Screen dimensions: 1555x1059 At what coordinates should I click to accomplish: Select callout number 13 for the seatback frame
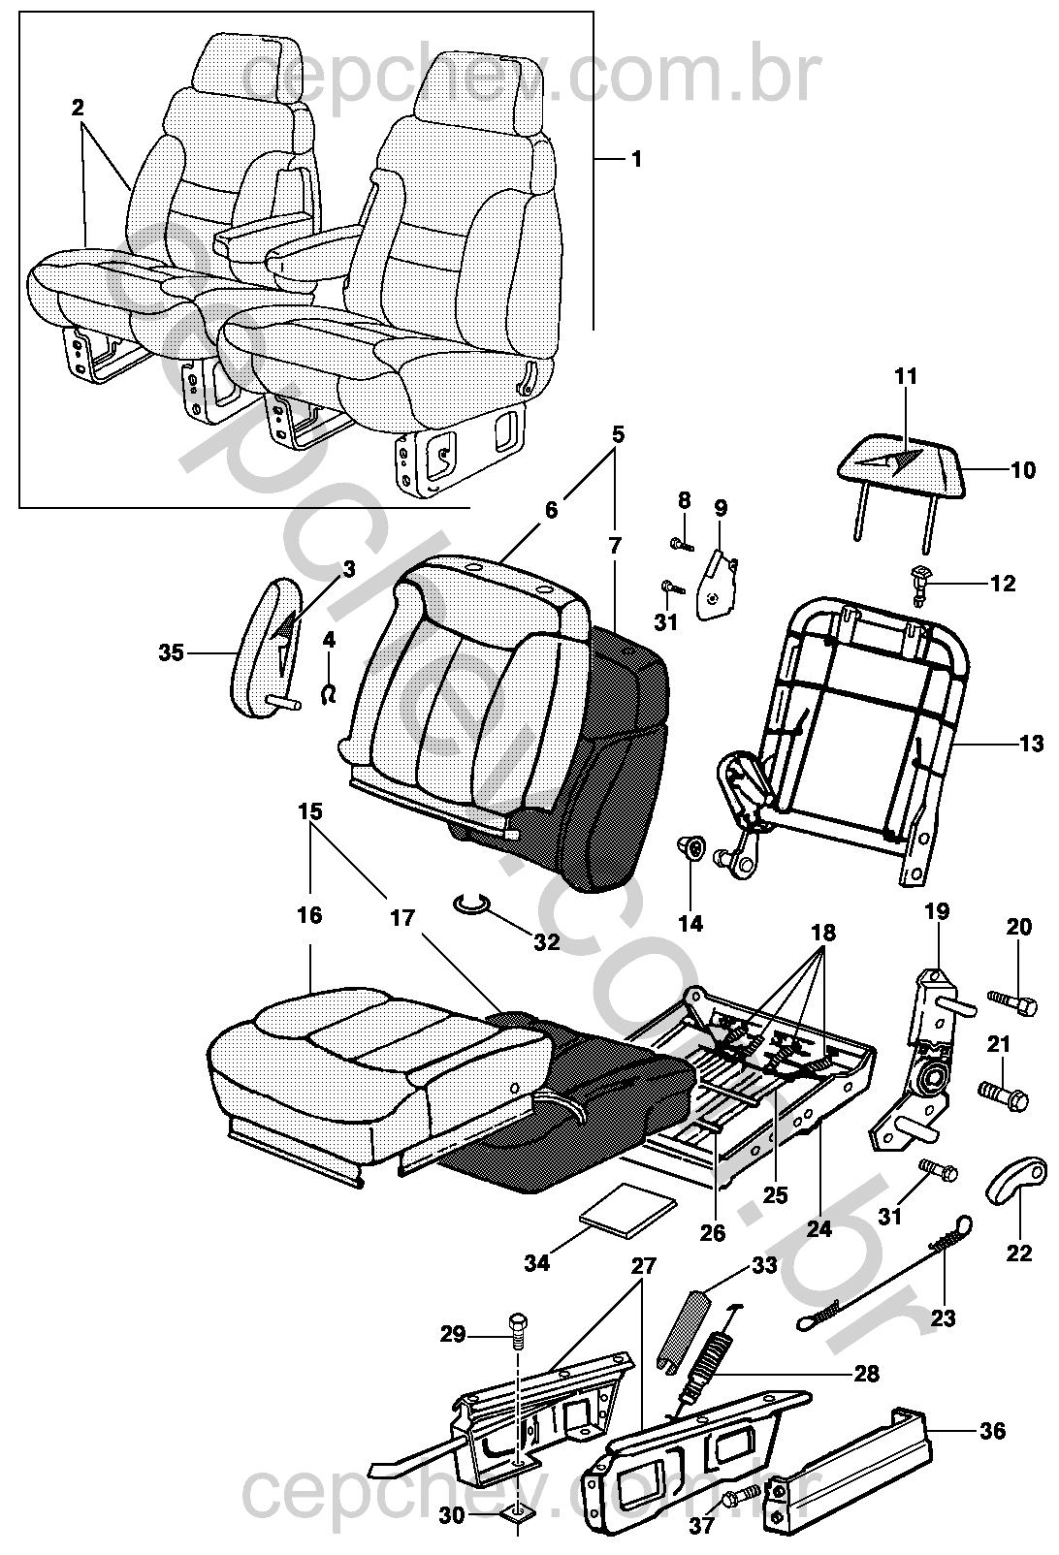pos(1031,744)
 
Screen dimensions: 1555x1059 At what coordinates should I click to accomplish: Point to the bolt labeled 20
pos(1009,998)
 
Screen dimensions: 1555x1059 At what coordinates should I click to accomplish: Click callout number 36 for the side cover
pos(992,1430)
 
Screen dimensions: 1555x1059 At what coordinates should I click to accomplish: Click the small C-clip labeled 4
pos(330,692)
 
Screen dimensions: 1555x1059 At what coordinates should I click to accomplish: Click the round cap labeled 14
pos(690,847)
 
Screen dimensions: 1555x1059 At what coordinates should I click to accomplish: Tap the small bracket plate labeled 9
pos(719,587)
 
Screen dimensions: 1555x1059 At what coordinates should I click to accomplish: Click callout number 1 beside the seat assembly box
pos(636,158)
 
